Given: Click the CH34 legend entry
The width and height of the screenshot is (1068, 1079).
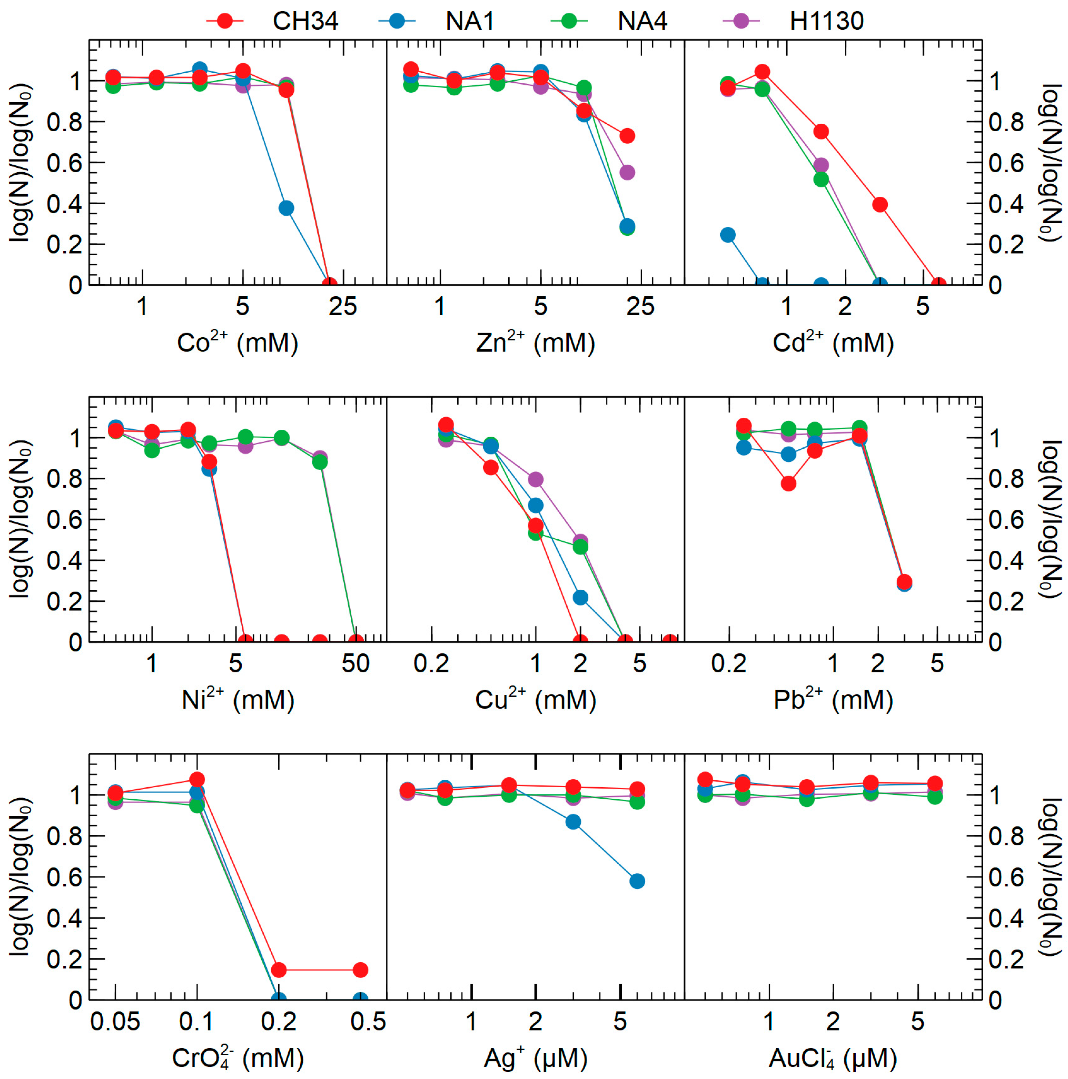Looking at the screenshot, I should pyautogui.click(x=305, y=21).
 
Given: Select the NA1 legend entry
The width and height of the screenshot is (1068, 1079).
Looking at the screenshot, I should pyautogui.click(x=469, y=21).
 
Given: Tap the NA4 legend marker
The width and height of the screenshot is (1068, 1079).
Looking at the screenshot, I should pyautogui.click(x=568, y=21).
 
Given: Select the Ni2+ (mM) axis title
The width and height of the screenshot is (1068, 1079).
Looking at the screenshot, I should pyautogui.click(x=237, y=699).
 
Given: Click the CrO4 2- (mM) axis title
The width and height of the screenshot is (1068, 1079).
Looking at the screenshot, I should pyautogui.click(x=237, y=1057).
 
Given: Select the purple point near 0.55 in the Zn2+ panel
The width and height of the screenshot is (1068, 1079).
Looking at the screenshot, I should pyautogui.click(x=627, y=172).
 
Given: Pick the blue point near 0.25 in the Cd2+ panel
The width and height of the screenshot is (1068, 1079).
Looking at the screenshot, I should pyautogui.click(x=727, y=235).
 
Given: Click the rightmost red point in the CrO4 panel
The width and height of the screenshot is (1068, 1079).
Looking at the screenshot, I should pyautogui.click(x=360, y=970).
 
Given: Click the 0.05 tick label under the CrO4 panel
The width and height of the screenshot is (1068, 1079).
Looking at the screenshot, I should pyautogui.click(x=115, y=1022).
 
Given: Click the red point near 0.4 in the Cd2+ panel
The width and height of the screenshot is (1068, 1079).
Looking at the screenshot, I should pyautogui.click(x=880, y=204).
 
